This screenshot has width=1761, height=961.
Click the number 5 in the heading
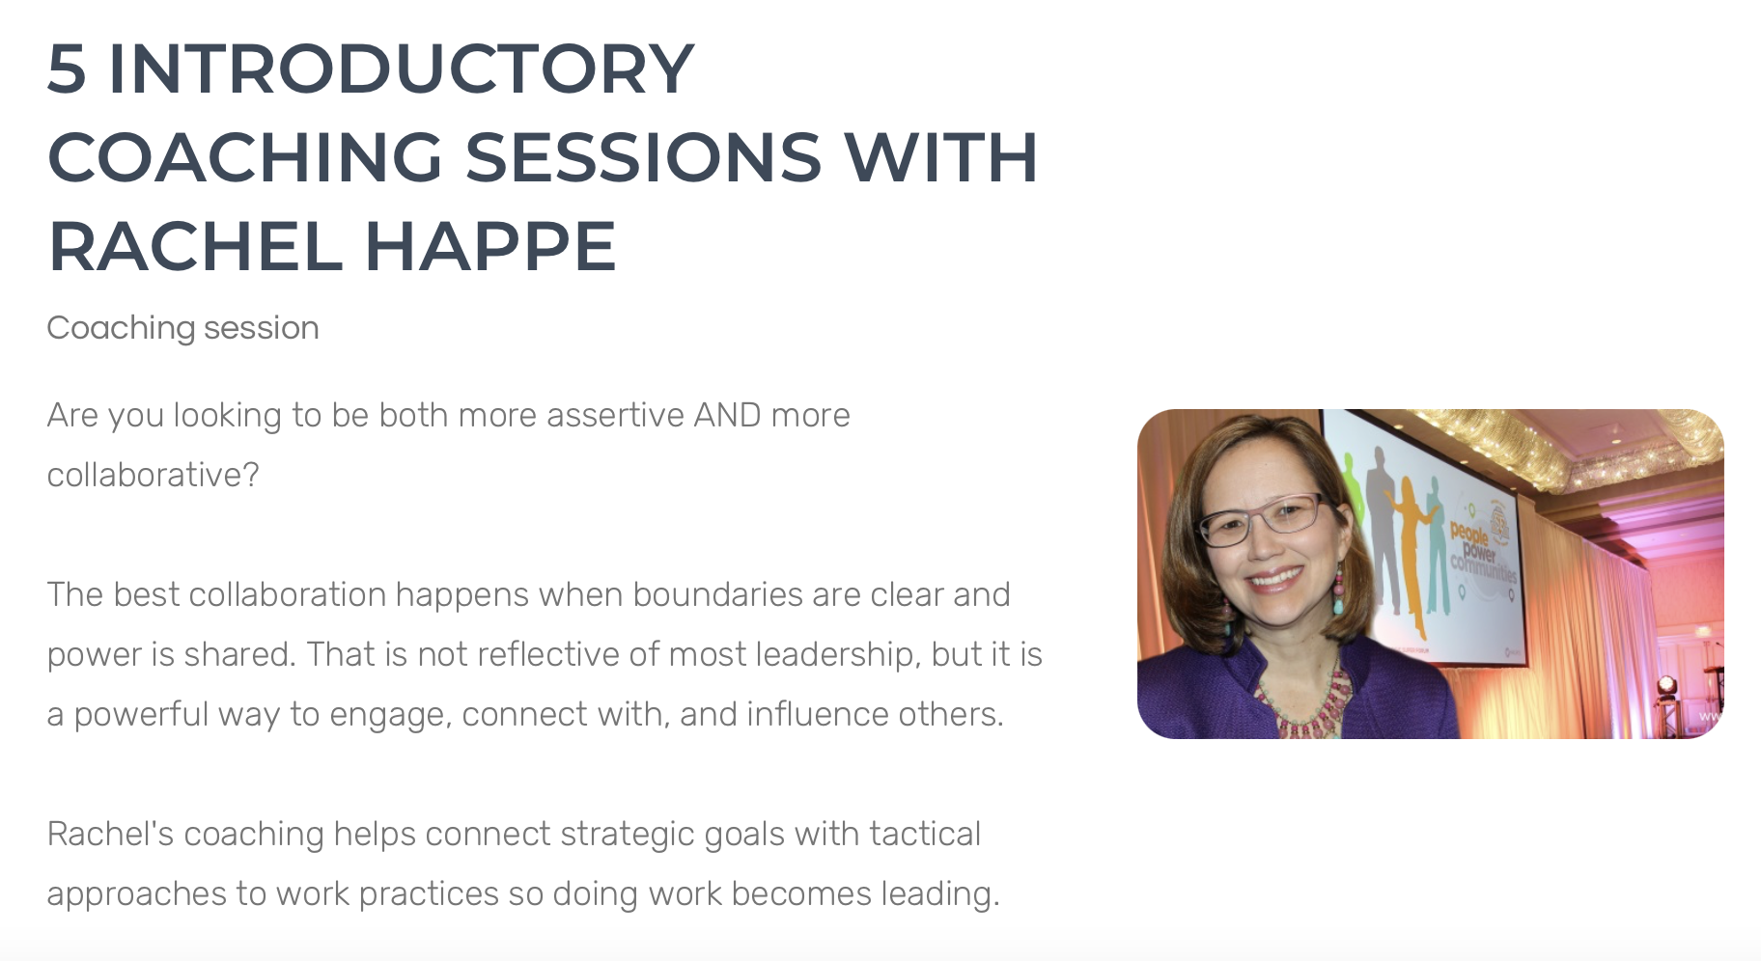pyautogui.click(x=67, y=69)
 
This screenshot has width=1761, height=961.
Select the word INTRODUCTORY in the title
pyautogui.click(x=401, y=69)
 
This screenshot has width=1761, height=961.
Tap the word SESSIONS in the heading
pyautogui.click(x=643, y=157)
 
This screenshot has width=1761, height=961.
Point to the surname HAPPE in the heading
pyautogui.click(x=490, y=246)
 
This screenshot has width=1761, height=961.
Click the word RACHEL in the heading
pyautogui.click(x=194, y=246)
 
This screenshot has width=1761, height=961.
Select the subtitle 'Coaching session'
pyautogui.click(x=182, y=328)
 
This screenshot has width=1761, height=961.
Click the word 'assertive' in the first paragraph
pyautogui.click(x=615, y=415)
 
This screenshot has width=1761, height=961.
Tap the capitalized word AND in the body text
pyautogui.click(x=727, y=415)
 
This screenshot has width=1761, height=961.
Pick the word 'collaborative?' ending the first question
pyautogui.click(x=153, y=475)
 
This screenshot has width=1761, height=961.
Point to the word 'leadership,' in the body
pyautogui.click(x=837, y=654)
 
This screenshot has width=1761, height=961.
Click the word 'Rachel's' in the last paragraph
pyautogui.click(x=109, y=834)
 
